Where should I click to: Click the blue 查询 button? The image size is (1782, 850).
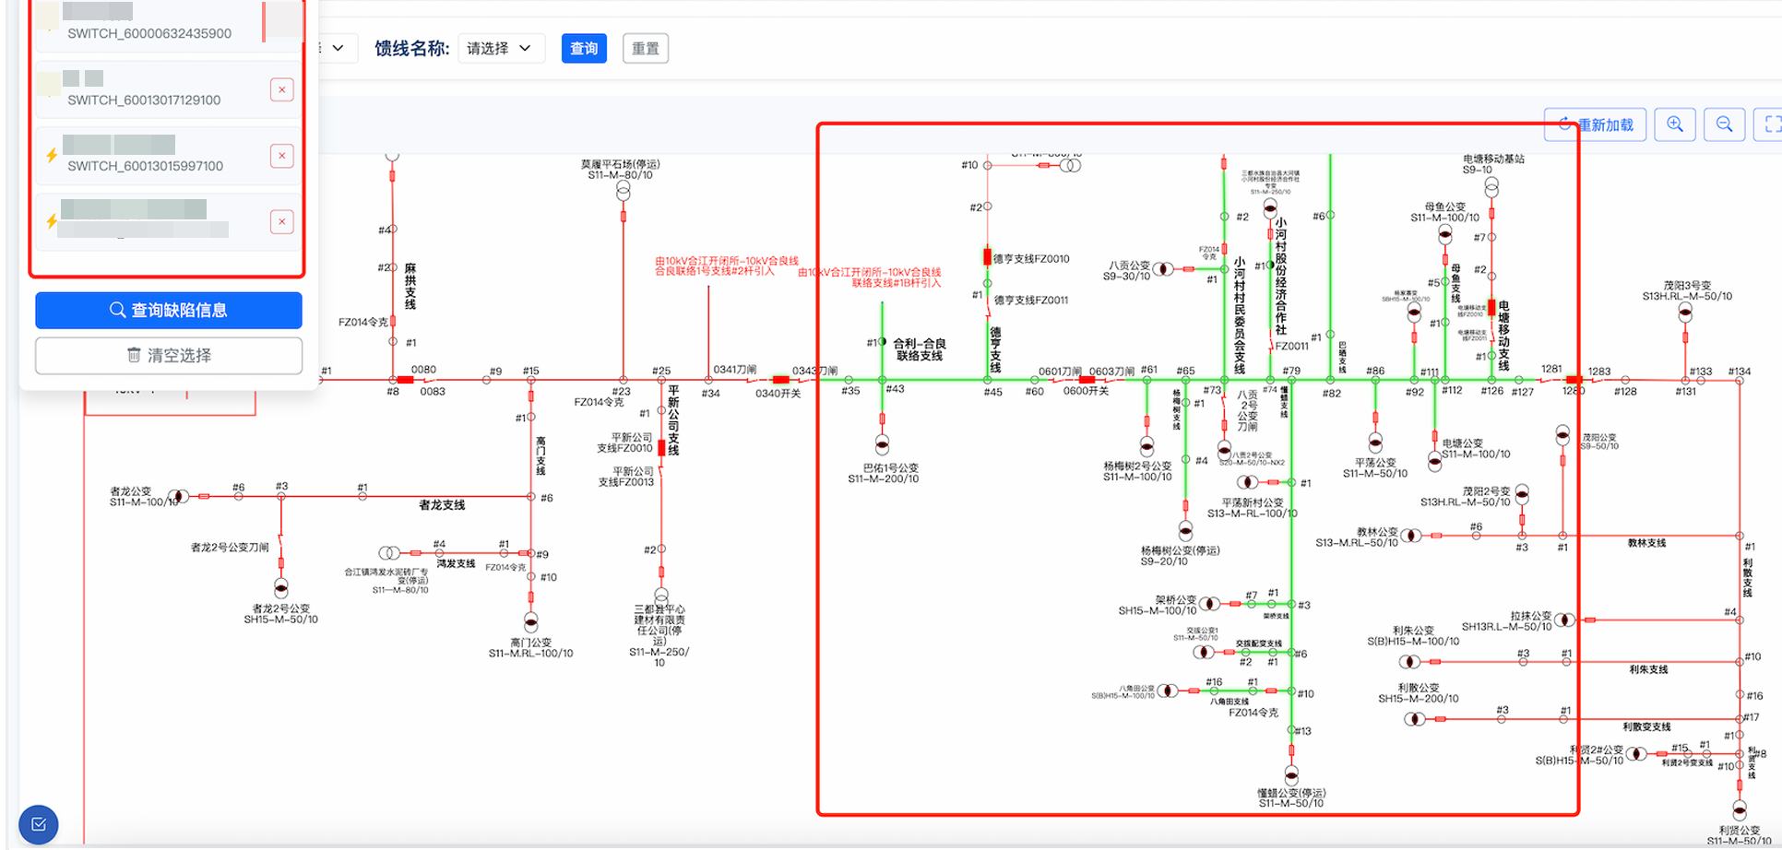click(x=584, y=49)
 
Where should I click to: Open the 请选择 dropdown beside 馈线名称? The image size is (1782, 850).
click(x=500, y=49)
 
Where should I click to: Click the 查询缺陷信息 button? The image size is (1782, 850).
click(x=169, y=311)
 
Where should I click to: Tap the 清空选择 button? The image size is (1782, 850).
click(x=169, y=356)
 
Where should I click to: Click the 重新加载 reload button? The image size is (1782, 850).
click(x=1596, y=124)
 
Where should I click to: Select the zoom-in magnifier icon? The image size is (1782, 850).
click(x=1675, y=124)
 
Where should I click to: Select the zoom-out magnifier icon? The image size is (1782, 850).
click(x=1724, y=124)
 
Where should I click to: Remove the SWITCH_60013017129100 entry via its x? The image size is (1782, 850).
click(x=282, y=89)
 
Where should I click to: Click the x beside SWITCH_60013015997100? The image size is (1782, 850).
click(x=282, y=156)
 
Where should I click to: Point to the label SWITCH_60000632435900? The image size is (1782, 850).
click(x=149, y=33)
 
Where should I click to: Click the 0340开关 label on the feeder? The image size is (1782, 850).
click(x=778, y=394)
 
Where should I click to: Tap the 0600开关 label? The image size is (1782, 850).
click(x=1086, y=391)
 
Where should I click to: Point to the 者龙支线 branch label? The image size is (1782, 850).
click(x=442, y=505)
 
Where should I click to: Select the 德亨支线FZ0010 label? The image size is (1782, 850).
click(x=1031, y=259)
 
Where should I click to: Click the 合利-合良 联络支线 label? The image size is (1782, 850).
click(x=919, y=349)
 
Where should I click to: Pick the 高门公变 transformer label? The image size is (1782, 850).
click(x=530, y=643)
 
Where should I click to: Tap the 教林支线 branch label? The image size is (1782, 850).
click(x=1646, y=543)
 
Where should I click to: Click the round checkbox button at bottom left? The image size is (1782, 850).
click(x=39, y=824)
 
